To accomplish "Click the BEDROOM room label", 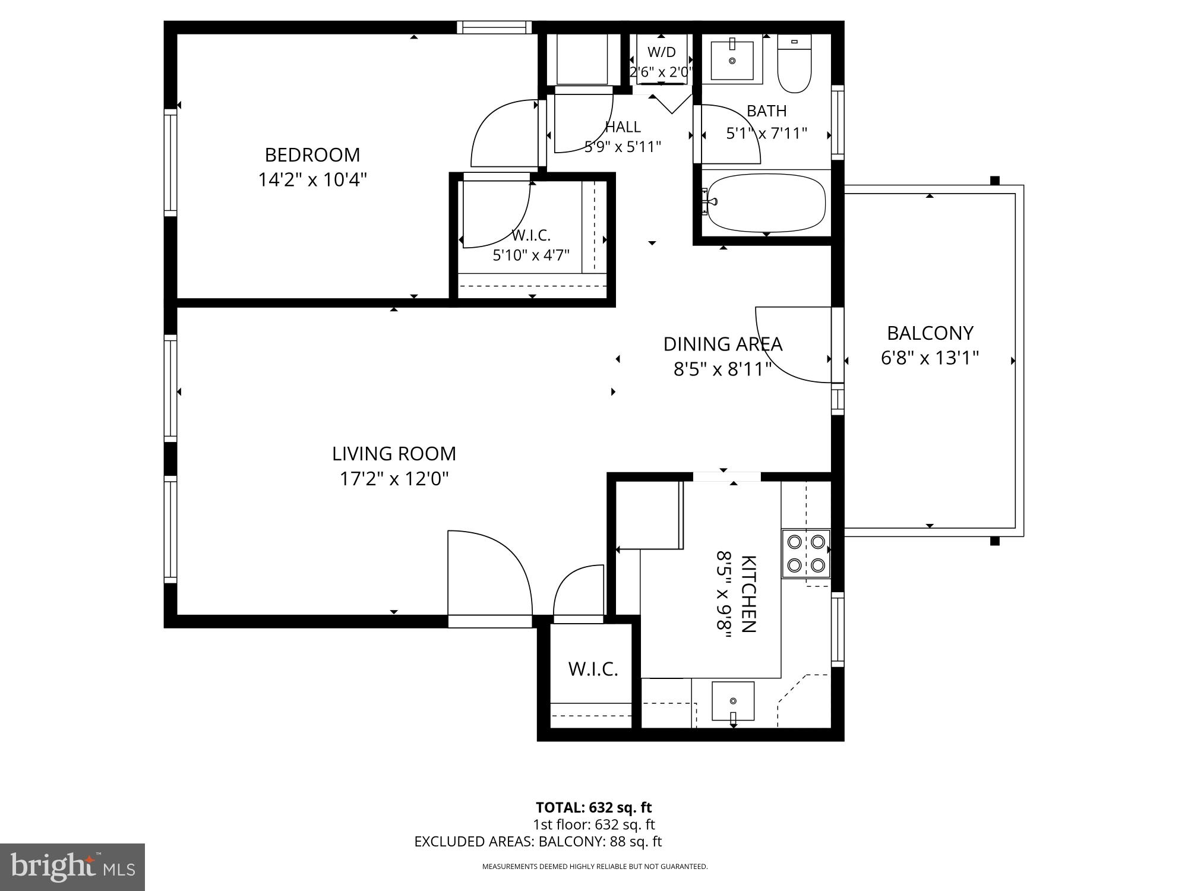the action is [x=312, y=155].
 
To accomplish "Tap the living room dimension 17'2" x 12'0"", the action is [x=394, y=479].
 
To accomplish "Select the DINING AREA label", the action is [x=723, y=345].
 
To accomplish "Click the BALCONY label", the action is [x=930, y=333].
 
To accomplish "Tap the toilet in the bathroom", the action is [x=794, y=63].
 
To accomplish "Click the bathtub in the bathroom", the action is [x=764, y=203].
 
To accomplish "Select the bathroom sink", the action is [x=732, y=60].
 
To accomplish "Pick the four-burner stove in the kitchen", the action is [x=805, y=554].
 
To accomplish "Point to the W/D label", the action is [x=661, y=52].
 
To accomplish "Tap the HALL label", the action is [x=623, y=127].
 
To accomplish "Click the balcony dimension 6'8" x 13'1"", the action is [x=930, y=358].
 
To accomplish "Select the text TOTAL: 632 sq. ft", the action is [x=593, y=807].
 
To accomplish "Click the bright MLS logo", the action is [x=73, y=867].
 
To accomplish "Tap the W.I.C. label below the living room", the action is [x=593, y=669].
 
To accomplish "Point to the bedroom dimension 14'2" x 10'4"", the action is [x=312, y=180].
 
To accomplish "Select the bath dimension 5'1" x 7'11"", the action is [x=766, y=133].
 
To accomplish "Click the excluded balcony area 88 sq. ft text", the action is [x=601, y=842].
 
